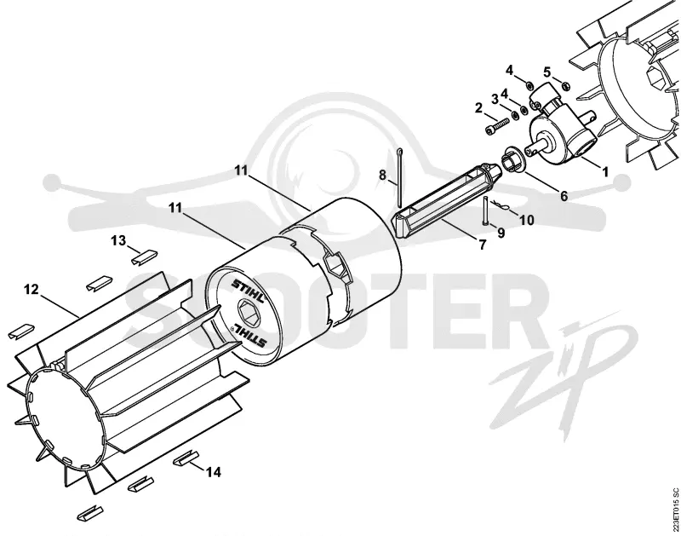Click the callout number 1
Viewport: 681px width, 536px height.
point(604,172)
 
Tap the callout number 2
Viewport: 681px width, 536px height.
point(478,108)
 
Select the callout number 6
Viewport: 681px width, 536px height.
point(564,196)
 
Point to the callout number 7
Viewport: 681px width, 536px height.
point(483,245)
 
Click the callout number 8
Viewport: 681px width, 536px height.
point(382,176)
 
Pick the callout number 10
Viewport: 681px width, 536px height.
point(526,220)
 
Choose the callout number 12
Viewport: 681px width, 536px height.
point(31,289)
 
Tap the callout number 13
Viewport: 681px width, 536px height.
point(118,240)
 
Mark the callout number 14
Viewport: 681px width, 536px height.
point(214,471)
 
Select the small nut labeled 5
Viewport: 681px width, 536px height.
point(565,85)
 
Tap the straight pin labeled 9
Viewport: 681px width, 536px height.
point(485,210)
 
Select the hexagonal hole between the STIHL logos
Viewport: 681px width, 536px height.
point(249,311)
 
